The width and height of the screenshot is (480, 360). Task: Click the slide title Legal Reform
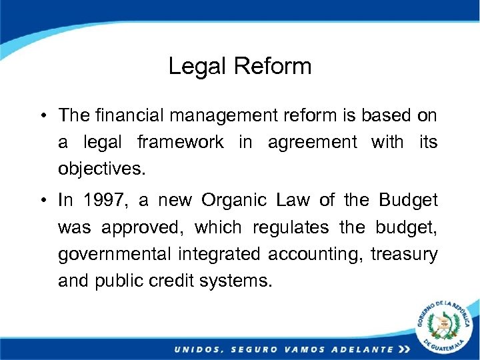point(240,66)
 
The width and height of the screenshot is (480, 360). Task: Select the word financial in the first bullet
point(124,115)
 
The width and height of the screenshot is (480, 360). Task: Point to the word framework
point(180,142)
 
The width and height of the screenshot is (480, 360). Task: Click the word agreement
point(313,142)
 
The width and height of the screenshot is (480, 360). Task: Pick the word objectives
point(101,169)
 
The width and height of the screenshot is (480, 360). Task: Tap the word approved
point(138,227)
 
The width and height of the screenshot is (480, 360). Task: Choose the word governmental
point(115,254)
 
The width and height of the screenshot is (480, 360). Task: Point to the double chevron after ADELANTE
point(404,349)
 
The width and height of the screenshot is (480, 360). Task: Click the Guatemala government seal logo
point(444,327)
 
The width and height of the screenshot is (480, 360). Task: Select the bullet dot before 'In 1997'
point(42,201)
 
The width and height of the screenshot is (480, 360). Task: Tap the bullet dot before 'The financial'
point(42,115)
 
